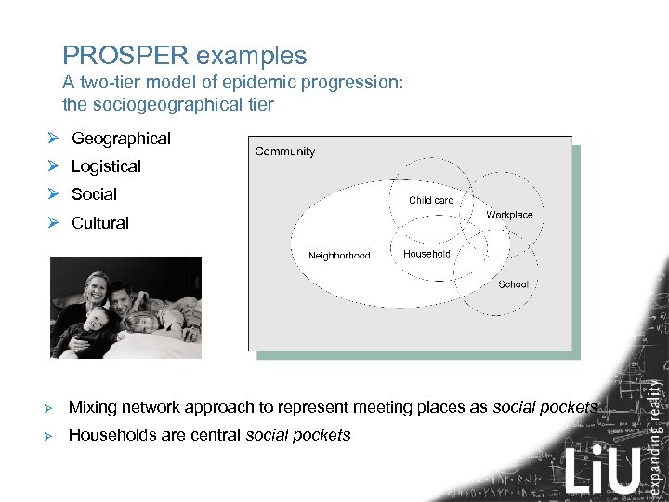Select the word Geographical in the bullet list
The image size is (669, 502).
click(x=121, y=139)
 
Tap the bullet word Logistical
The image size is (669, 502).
click(x=106, y=166)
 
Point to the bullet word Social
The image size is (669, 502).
click(x=94, y=194)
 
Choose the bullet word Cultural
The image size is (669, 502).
click(x=99, y=223)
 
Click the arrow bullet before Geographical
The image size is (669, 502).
click(x=55, y=139)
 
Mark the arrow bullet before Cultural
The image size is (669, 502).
click(x=55, y=223)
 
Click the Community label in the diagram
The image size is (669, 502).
click(x=284, y=152)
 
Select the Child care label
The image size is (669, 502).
click(x=431, y=200)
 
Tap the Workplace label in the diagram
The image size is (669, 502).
click(x=509, y=215)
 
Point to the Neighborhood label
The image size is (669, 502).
click(x=339, y=256)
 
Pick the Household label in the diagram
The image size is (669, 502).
click(x=426, y=253)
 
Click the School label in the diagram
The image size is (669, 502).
click(x=513, y=284)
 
